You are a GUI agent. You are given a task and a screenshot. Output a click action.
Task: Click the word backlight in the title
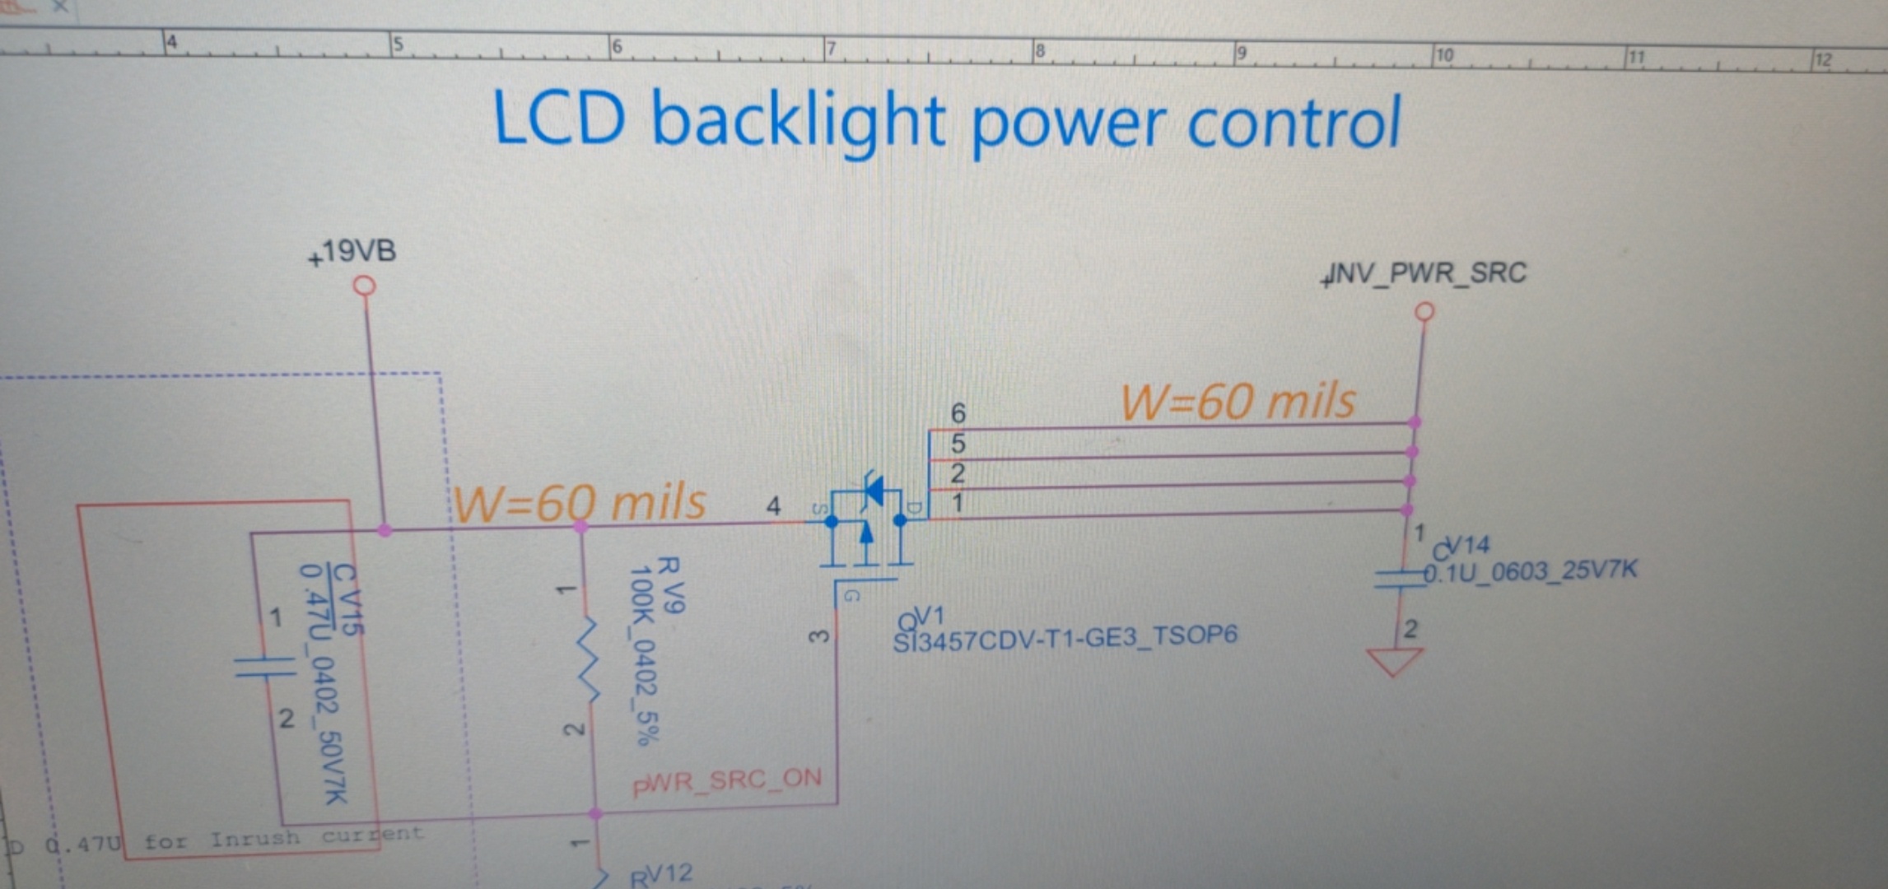[x=797, y=122]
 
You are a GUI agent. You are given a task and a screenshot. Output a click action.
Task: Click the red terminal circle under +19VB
[x=364, y=286]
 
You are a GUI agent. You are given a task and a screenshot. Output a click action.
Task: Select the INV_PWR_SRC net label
[x=1424, y=273]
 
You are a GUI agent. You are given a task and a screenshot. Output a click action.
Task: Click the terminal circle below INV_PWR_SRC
[x=1424, y=312]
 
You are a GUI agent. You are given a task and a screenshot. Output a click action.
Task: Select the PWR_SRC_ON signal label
[x=727, y=780]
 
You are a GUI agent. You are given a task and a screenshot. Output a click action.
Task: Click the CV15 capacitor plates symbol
[x=263, y=667]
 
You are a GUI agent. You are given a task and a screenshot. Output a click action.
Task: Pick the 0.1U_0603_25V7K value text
[x=1531, y=571]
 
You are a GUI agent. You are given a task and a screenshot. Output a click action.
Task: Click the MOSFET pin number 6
[x=958, y=412]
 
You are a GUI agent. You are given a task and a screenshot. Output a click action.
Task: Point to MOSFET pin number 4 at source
[x=773, y=505]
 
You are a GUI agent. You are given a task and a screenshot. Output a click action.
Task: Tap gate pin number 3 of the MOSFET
[x=818, y=637]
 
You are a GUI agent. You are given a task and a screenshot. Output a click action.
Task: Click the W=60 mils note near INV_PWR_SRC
[x=1237, y=403]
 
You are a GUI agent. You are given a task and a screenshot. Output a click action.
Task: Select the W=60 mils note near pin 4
[x=580, y=503]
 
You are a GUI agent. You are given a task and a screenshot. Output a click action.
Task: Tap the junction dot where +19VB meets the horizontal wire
[x=384, y=530]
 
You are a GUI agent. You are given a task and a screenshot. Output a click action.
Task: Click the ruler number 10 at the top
[x=1444, y=55]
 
